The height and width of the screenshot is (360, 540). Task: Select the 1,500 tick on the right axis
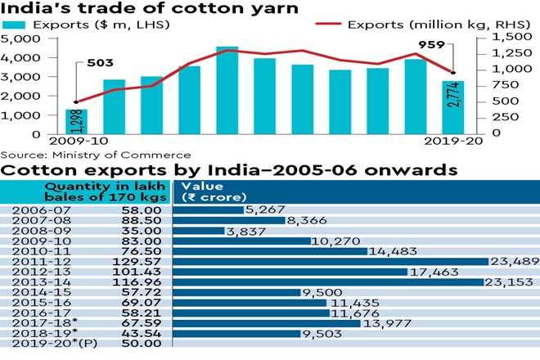point(511,38)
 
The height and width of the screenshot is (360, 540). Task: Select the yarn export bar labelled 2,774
point(452,106)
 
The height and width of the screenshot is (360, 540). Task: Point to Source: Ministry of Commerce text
point(96,155)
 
